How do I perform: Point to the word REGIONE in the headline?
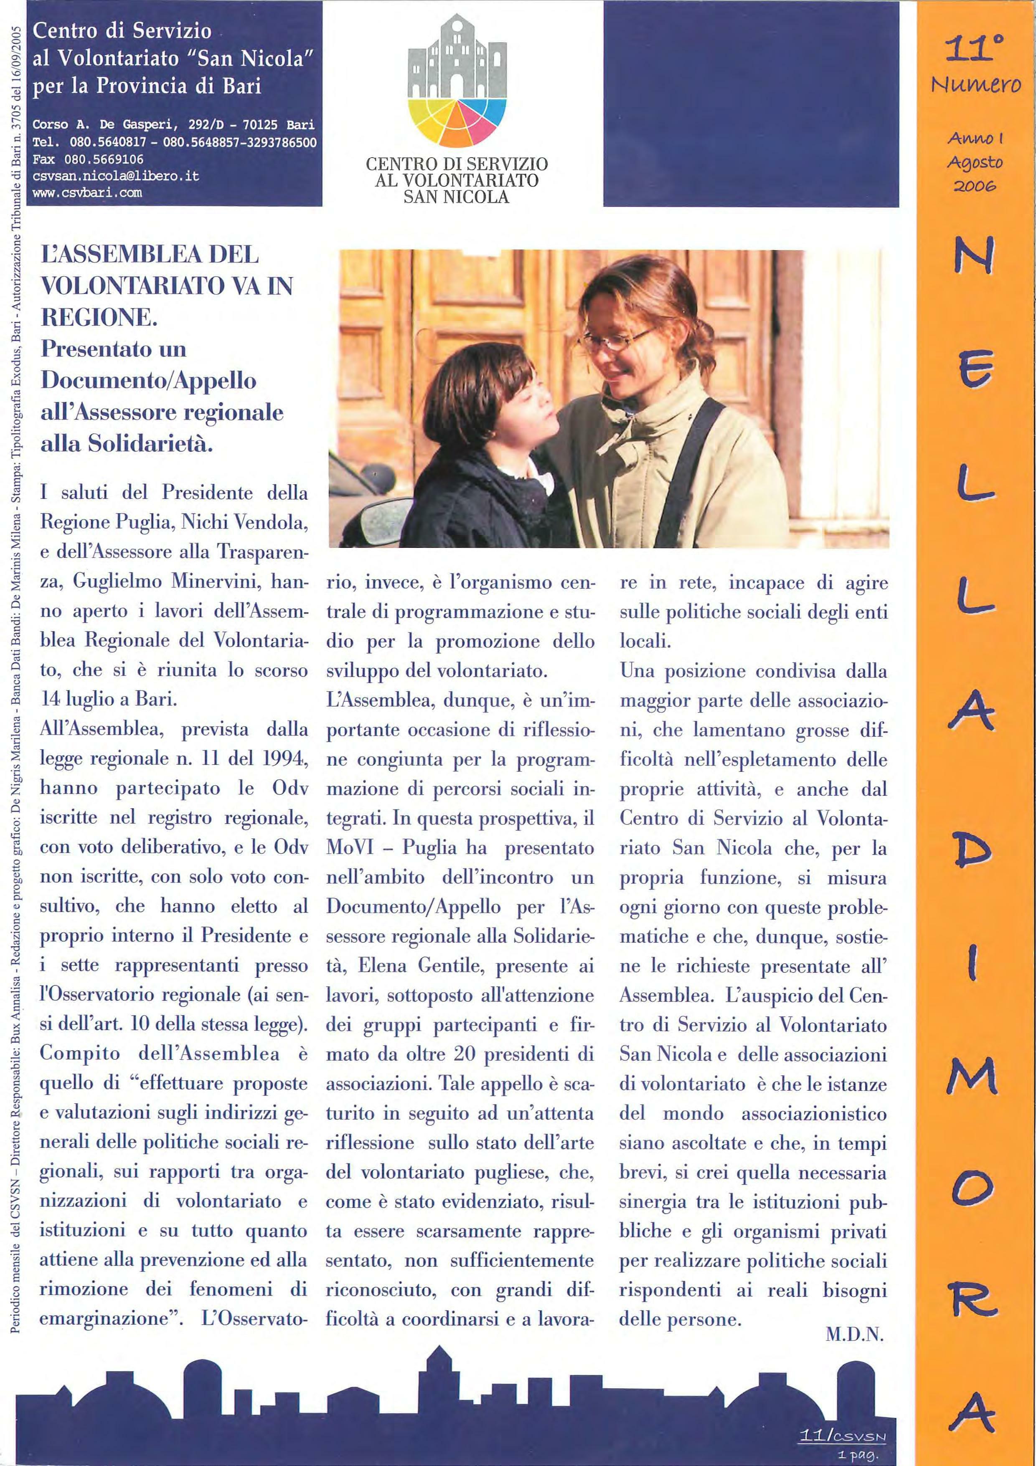[x=98, y=317]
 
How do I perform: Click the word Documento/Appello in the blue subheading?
[x=148, y=381]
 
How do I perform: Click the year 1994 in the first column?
[x=285, y=759]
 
